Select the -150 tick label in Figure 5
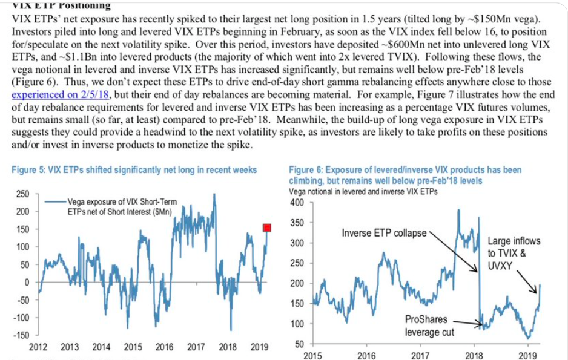pyautogui.click(x=21, y=335)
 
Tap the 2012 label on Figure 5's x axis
pyautogui.click(x=38, y=347)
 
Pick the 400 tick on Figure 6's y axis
pyautogui.click(x=296, y=202)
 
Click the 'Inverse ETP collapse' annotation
pyautogui.click(x=384, y=232)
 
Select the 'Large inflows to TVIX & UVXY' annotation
pyautogui.click(x=514, y=253)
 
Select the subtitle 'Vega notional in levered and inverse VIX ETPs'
pyautogui.click(x=364, y=191)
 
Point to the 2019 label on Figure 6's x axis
pyautogui.click(x=527, y=356)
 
